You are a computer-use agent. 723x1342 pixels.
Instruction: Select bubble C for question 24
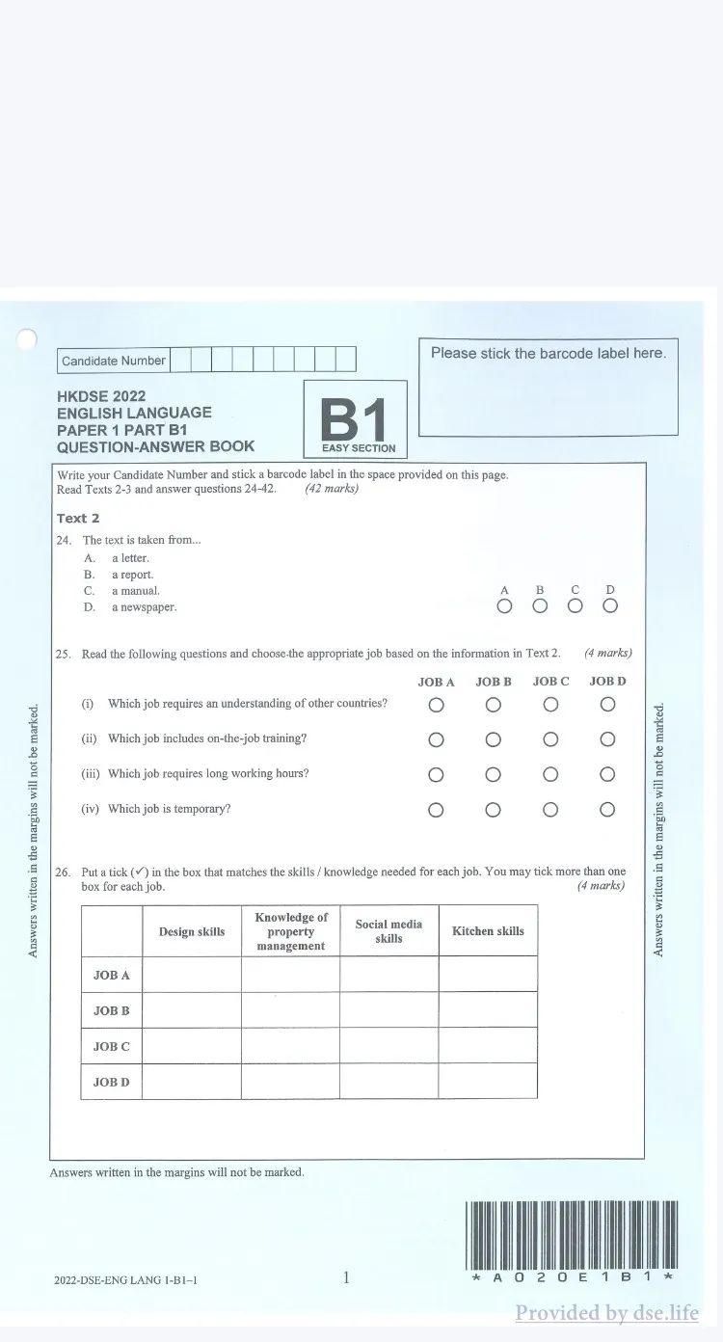(x=575, y=605)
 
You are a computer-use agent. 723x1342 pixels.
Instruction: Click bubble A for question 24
(x=504, y=605)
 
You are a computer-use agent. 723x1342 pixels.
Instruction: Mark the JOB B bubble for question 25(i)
(x=493, y=705)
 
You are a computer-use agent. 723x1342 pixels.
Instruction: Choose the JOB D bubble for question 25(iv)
(x=607, y=810)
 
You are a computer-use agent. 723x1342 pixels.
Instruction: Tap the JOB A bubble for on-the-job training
(x=436, y=739)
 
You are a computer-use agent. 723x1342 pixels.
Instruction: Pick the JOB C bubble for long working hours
(x=550, y=774)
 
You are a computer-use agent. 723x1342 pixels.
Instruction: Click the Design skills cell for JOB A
(x=191, y=975)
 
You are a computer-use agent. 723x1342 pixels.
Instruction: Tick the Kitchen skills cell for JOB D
(x=488, y=1081)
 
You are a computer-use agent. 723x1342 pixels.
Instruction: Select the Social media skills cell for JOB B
(x=388, y=1010)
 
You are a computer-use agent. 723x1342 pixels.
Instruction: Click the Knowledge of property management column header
(x=290, y=931)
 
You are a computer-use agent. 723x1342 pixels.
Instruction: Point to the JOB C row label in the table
(x=111, y=1046)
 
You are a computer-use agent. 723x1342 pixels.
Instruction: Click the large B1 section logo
(x=355, y=418)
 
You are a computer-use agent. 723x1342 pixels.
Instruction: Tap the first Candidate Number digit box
(x=180, y=360)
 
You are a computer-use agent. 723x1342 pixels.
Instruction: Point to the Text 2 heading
(x=78, y=518)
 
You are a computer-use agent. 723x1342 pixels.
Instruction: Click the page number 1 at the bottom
(x=346, y=1277)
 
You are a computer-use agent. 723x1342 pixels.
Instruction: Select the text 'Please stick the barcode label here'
(x=548, y=354)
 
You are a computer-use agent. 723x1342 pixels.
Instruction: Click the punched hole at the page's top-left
(x=26, y=338)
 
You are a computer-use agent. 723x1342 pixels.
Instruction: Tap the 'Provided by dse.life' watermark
(x=606, y=1312)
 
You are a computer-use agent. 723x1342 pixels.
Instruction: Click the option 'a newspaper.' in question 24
(x=144, y=607)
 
